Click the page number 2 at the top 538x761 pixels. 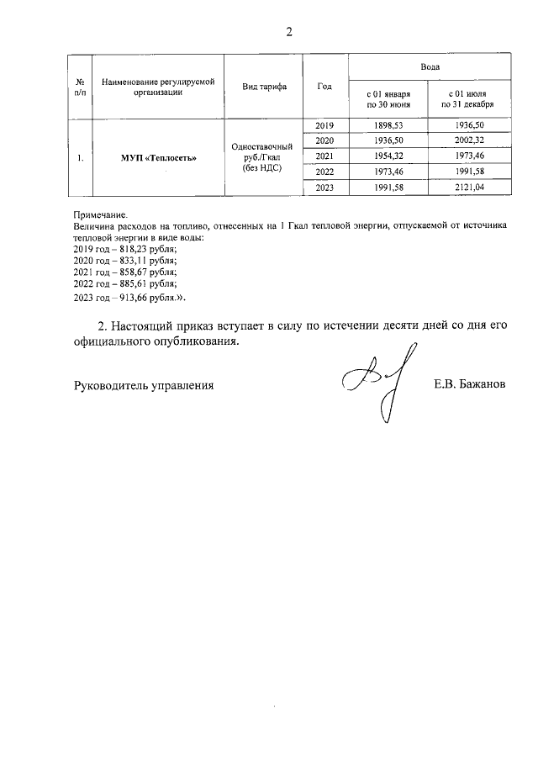click(x=288, y=33)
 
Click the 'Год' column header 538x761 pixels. click(x=324, y=87)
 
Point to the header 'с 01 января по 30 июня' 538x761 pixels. click(x=388, y=100)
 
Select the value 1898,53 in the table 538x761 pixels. click(x=388, y=126)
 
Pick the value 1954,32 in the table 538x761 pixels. click(x=388, y=156)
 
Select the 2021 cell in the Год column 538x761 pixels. click(x=324, y=156)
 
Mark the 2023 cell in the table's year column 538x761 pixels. click(x=324, y=188)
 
